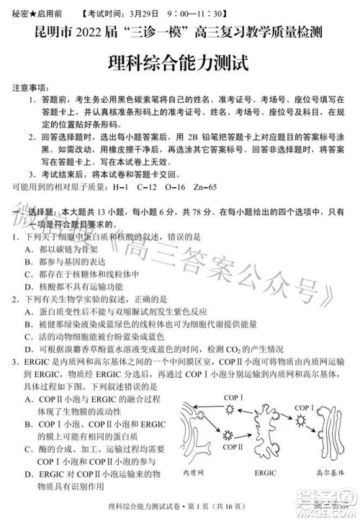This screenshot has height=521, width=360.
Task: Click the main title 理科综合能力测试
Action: (x=179, y=62)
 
